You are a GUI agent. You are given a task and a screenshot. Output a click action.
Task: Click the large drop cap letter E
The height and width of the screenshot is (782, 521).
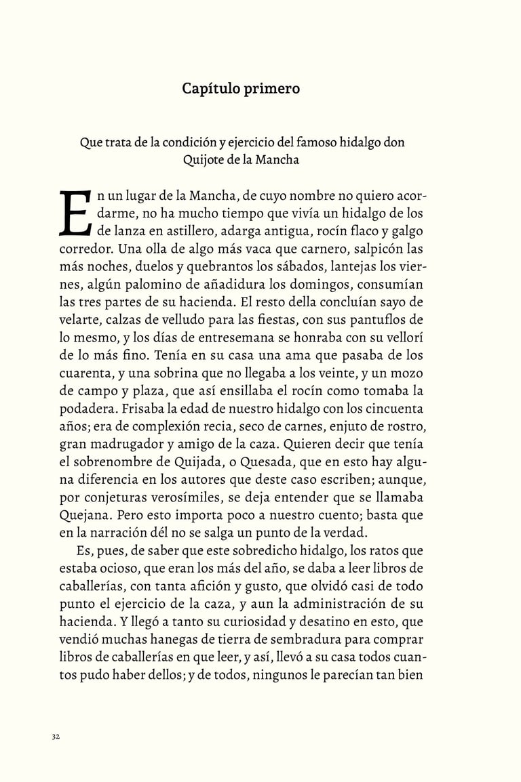click(x=75, y=213)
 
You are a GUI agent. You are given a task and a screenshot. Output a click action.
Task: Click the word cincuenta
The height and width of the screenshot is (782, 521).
click(x=393, y=408)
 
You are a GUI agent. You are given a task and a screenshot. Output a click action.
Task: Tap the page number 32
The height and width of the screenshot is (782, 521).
click(x=56, y=737)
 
